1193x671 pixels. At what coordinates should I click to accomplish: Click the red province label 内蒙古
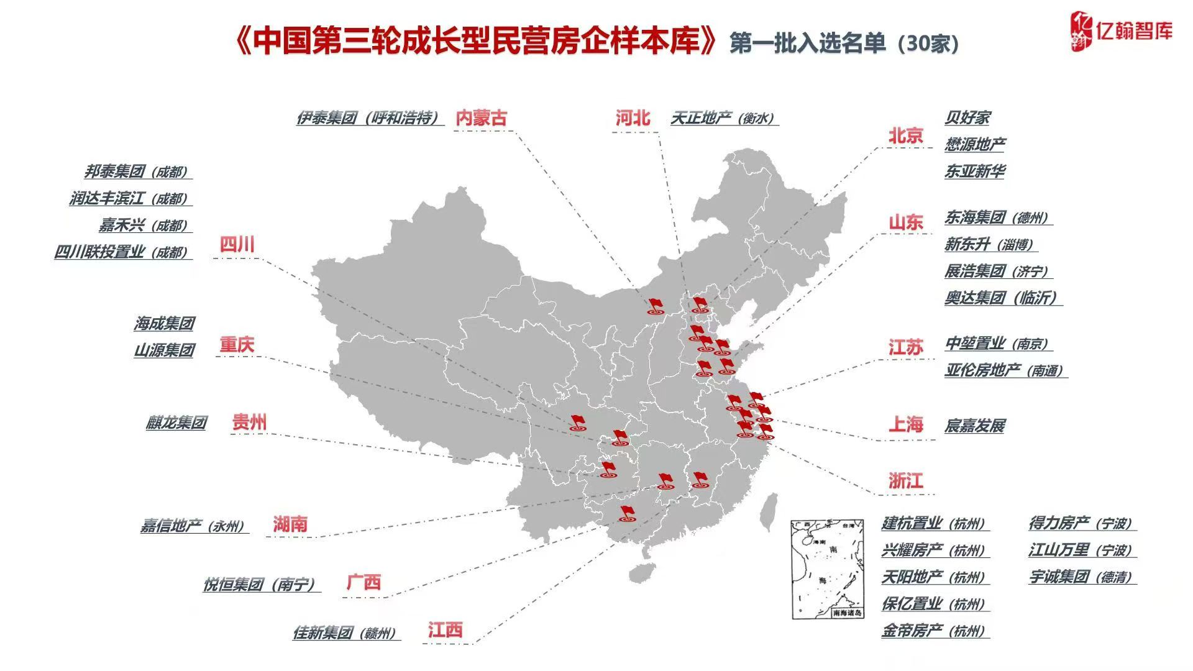tap(481, 118)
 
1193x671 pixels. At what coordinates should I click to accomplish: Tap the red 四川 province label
tap(237, 245)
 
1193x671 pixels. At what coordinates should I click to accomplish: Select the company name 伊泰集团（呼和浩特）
tap(368, 118)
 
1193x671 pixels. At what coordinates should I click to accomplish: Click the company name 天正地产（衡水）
tap(723, 118)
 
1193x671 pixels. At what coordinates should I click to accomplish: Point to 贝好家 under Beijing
tap(967, 117)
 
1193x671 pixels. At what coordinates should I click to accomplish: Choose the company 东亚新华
tap(975, 171)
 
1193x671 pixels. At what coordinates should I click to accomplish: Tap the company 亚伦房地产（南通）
tap(1004, 371)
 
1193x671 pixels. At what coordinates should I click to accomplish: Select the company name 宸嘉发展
tap(975, 426)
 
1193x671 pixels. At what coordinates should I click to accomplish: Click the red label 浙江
tap(905, 481)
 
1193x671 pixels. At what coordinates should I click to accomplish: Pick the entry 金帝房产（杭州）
tap(934, 631)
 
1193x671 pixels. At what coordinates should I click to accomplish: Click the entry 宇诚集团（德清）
tap(1081, 577)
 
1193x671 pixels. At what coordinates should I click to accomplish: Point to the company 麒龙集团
tap(176, 423)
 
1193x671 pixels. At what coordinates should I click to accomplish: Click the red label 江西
tap(445, 630)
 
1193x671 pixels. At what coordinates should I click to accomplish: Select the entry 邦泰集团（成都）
tap(136, 172)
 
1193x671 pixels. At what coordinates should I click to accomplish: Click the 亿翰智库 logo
tap(1121, 31)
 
